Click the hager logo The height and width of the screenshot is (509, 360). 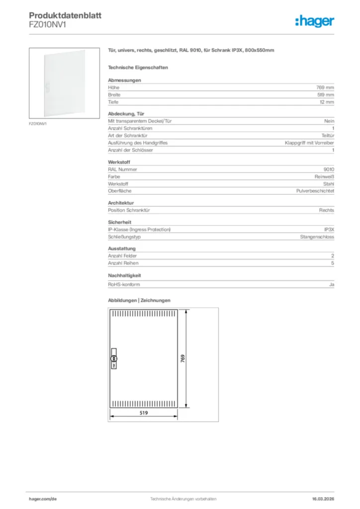pos(315,21)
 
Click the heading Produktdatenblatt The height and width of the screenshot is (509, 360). pos(65,16)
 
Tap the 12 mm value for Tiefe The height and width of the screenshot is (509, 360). pos(327,102)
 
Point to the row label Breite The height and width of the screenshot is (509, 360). pos(114,94)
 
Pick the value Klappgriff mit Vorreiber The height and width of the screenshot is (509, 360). pos(309,143)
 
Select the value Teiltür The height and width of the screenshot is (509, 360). pos(328,135)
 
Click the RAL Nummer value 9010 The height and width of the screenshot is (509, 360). pos(329,170)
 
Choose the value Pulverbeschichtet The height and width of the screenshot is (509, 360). pos(315,191)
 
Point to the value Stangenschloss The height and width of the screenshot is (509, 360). pos(317,237)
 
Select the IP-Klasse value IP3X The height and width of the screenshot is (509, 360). pos(329,230)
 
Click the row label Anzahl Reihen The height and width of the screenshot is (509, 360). pos(123,263)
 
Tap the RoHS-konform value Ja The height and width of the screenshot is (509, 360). pos(331,284)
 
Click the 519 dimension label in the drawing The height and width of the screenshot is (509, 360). pos(143,413)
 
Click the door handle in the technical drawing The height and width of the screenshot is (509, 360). pos(113,358)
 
